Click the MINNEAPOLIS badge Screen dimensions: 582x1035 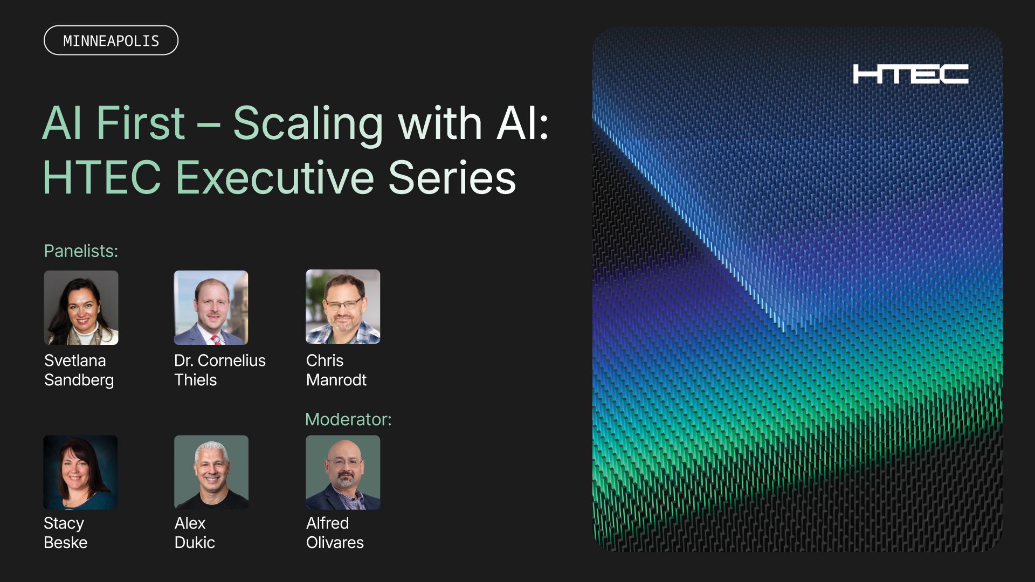pos(111,40)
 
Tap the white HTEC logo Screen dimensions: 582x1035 pos(910,74)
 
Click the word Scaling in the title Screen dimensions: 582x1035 pos(307,124)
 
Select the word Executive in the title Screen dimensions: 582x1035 pos(274,178)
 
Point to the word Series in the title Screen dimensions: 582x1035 pos(452,178)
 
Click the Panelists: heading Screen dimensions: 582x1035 pos(81,251)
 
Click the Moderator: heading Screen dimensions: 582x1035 pos(348,419)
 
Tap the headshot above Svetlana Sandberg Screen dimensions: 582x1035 pos(81,308)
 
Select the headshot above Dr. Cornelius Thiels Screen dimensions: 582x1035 pos(211,308)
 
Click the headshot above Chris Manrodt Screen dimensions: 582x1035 pos(343,307)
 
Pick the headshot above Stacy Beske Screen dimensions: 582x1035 pos(80,473)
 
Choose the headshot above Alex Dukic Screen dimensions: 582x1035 pos(211,473)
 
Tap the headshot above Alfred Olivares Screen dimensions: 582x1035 pos(343,473)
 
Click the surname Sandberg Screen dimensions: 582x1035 pos(79,380)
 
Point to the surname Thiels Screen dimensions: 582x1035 pos(195,380)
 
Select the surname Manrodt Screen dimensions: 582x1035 pos(336,380)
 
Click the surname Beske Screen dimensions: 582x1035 pos(65,543)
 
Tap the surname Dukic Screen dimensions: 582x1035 pos(195,543)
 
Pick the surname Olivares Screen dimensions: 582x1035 pos(335,543)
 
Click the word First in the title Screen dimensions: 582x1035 pos(141,124)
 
